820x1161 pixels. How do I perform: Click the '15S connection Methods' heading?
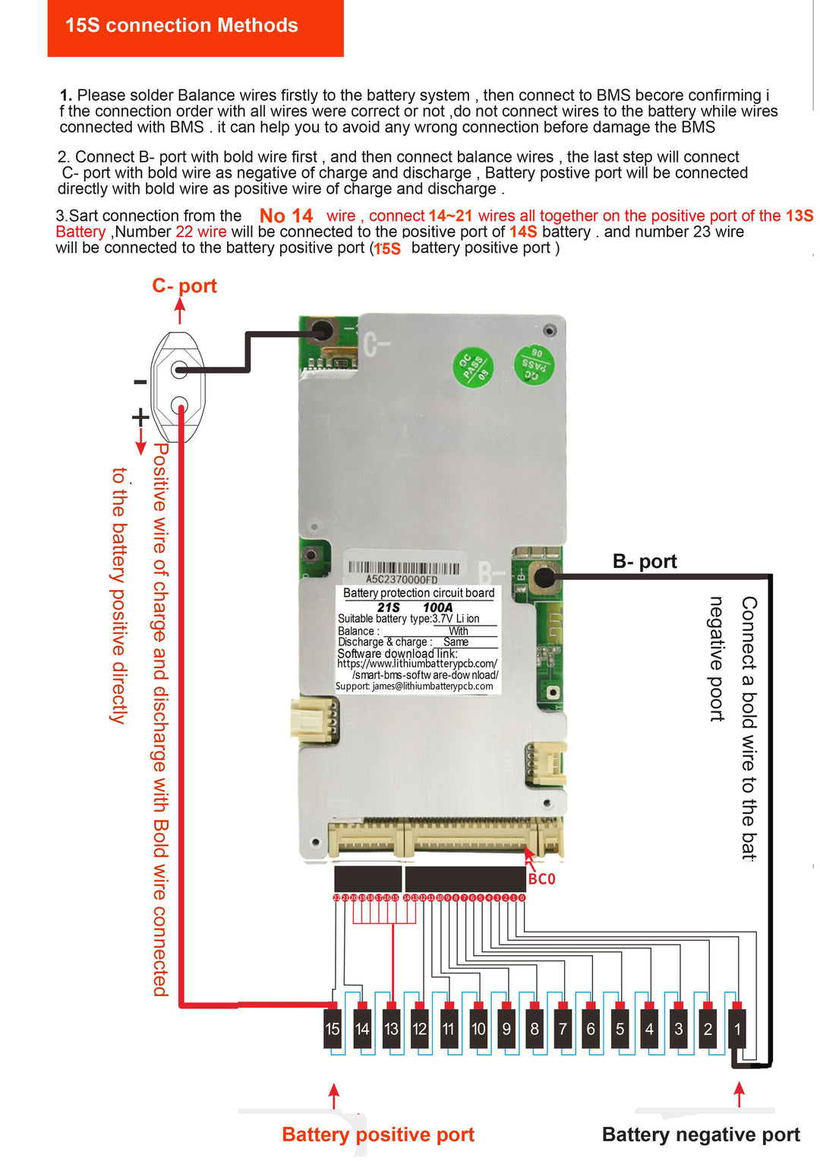tap(181, 26)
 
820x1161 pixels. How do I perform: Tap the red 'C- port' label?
tap(184, 286)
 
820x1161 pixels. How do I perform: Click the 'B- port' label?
tap(645, 561)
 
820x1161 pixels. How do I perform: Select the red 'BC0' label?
tap(541, 879)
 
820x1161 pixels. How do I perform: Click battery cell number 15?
tap(333, 1029)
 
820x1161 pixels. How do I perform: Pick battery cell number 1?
tap(737, 1029)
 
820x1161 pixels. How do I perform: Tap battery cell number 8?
tap(535, 1029)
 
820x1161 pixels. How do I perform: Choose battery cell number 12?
tap(419, 1029)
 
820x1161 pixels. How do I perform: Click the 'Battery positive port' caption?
tap(377, 1134)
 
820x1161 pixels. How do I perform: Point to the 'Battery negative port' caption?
tap(700, 1134)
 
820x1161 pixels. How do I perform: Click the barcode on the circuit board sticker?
tap(403, 568)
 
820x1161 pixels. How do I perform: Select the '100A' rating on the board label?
tap(437, 607)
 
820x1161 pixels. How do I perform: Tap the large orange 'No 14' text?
tap(286, 216)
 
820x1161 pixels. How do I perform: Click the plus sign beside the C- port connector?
tap(140, 417)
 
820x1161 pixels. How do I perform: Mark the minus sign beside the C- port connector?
tap(140, 382)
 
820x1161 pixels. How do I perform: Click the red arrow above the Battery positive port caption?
tap(333, 1095)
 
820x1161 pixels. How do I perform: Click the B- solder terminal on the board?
tap(544, 577)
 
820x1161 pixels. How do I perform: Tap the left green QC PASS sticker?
tap(473, 368)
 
